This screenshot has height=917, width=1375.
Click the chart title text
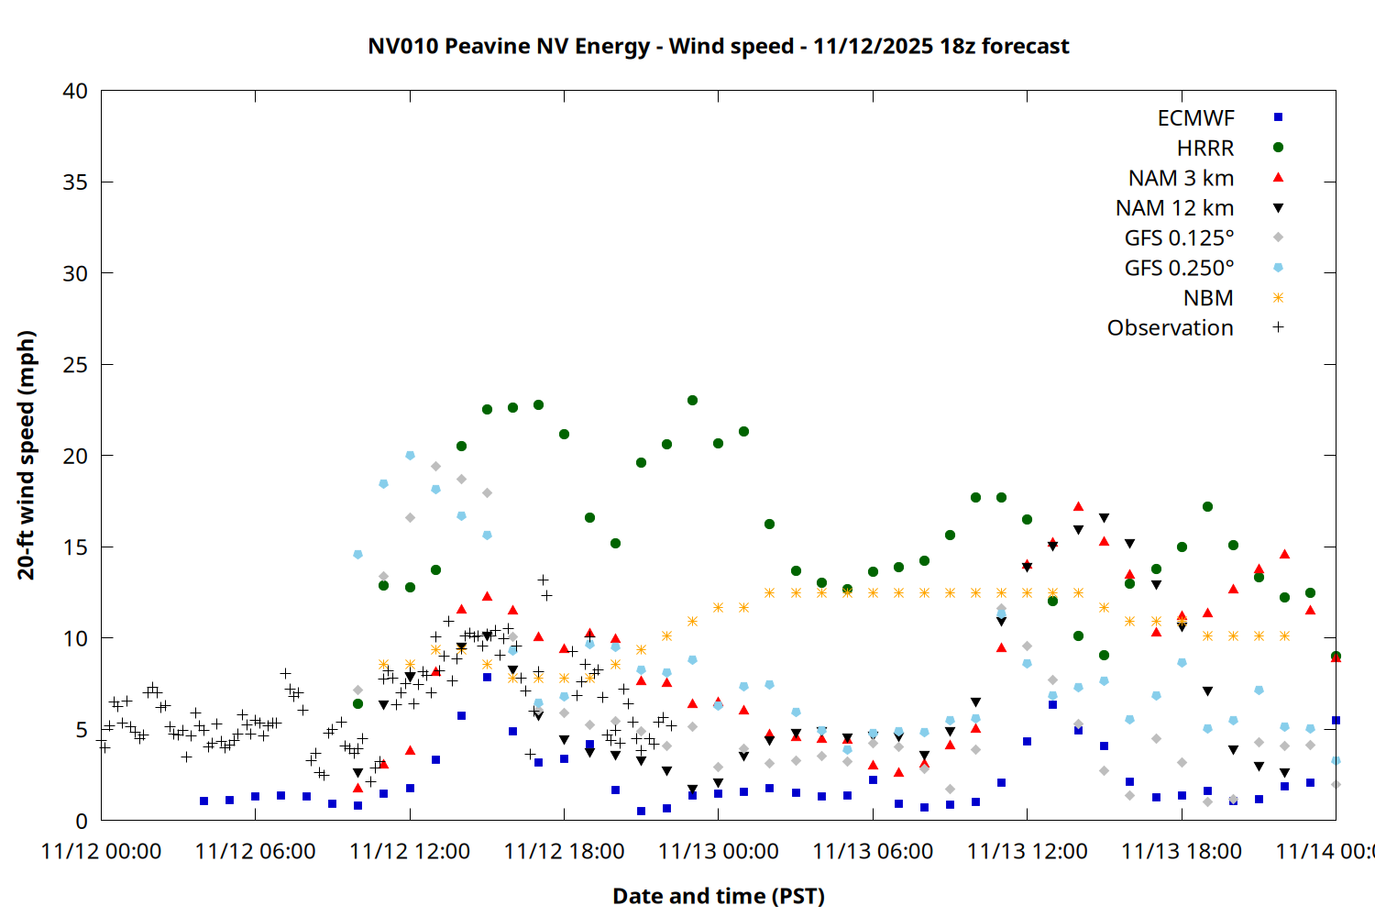pyautogui.click(x=718, y=46)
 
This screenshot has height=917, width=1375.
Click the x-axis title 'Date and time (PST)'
pyautogui.click(x=718, y=896)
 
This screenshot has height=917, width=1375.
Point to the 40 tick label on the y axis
pyautogui.click(x=75, y=91)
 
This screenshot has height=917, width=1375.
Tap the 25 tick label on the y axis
pyautogui.click(x=75, y=365)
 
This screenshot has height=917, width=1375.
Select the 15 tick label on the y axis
pyautogui.click(x=75, y=547)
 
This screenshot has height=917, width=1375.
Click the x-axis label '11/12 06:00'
pyautogui.click(x=255, y=851)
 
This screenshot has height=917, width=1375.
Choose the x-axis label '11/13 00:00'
pyautogui.click(x=718, y=851)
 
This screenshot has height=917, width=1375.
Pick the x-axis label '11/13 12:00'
pyautogui.click(x=1027, y=851)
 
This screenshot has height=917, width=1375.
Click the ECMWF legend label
pyautogui.click(x=1195, y=118)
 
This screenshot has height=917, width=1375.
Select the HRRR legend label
pyautogui.click(x=1205, y=149)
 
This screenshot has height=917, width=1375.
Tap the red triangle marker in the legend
pyautogui.click(x=1278, y=177)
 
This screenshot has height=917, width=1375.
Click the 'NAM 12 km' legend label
pyautogui.click(x=1174, y=208)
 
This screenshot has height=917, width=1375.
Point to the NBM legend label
pyautogui.click(x=1208, y=298)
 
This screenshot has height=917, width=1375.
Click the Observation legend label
pyautogui.click(x=1170, y=328)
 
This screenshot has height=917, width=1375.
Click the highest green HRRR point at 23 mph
pyautogui.click(x=692, y=401)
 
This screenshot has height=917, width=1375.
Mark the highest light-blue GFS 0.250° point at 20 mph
pyautogui.click(x=410, y=455)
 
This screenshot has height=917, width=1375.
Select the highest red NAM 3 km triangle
pyautogui.click(x=1078, y=506)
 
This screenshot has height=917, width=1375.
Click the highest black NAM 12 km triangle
pyautogui.click(x=1104, y=518)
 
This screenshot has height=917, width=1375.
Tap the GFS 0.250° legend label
pyautogui.click(x=1179, y=269)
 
